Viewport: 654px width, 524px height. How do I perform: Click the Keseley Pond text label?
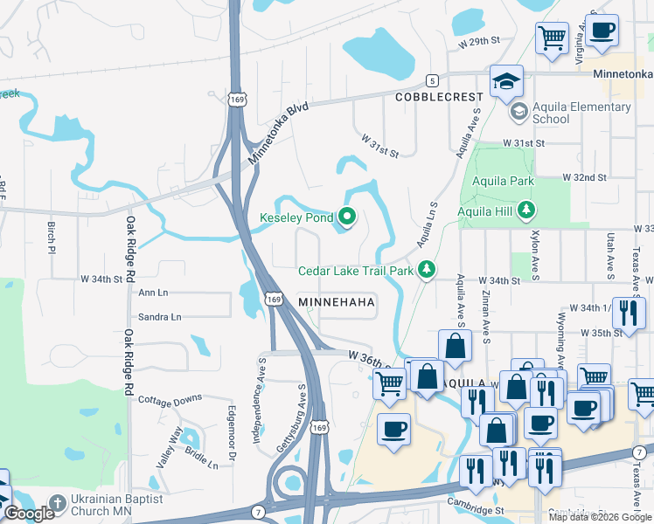pyautogui.click(x=296, y=217)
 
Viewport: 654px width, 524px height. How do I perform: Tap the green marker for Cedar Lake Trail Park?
pyautogui.click(x=427, y=270)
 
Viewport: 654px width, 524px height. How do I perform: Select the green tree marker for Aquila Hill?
pyautogui.click(x=526, y=210)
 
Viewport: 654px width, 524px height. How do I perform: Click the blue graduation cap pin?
pyautogui.click(x=506, y=81)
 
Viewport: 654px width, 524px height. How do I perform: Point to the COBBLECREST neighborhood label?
pyautogui.click(x=437, y=97)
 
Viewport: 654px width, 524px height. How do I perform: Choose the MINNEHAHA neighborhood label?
pyautogui.click(x=337, y=302)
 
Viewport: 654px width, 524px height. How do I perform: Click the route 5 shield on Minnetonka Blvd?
pyautogui.click(x=431, y=79)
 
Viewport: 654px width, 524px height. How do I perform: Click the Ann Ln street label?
pyautogui.click(x=152, y=293)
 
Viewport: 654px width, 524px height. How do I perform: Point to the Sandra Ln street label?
pyautogui.click(x=159, y=317)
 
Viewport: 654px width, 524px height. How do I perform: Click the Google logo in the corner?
pyautogui.click(x=29, y=514)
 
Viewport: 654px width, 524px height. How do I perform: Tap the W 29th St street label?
pyautogui.click(x=477, y=42)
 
